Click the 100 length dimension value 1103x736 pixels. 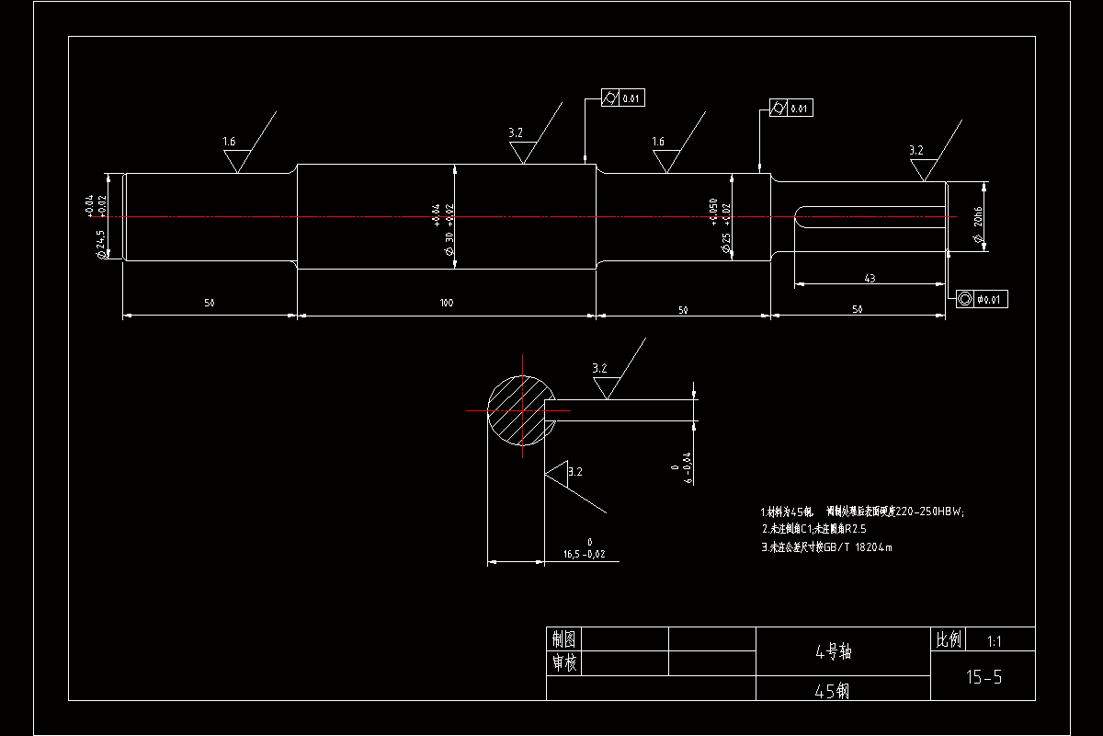coord(447,303)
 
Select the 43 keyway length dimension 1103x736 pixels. coord(870,277)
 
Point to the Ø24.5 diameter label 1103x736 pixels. coord(101,244)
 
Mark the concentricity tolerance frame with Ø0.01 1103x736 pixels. coord(981,299)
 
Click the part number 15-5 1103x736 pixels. coord(983,678)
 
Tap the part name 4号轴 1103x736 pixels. coord(834,652)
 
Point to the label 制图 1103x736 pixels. coord(563,639)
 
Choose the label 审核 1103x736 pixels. coord(563,663)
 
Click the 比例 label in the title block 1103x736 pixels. coord(949,639)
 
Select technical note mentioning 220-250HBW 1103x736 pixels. coord(862,512)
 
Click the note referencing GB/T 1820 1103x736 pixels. coord(826,547)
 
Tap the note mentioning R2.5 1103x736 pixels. coord(814,529)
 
